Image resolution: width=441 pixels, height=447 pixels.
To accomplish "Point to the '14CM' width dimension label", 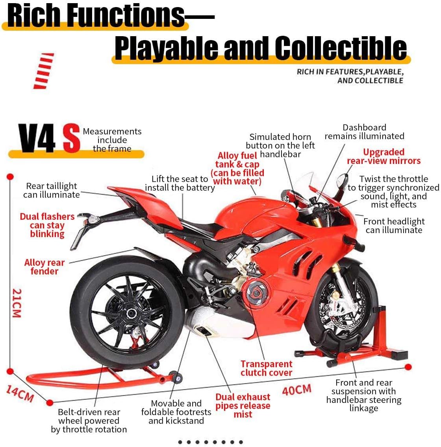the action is coord(20,393).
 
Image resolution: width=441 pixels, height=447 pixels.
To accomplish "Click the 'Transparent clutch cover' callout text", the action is coord(266,368).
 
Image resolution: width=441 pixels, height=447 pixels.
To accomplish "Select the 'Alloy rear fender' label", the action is coord(44,267).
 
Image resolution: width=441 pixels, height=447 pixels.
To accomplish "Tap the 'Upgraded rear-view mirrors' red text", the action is coord(384,156).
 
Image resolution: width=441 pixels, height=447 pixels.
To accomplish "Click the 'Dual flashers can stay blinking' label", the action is coord(47,225).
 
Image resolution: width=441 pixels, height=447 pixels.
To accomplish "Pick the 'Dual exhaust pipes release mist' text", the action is coord(243,405).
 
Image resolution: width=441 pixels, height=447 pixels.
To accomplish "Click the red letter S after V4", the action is coord(72,139).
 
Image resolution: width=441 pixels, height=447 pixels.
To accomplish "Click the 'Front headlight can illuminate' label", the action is coord(394,226).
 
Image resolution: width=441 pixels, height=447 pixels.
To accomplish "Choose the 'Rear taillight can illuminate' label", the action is coord(51,190).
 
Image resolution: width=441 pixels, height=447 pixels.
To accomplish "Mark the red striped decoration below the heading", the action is coord(43,71).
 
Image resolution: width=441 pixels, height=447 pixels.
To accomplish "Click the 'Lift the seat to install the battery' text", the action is coord(180,184).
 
